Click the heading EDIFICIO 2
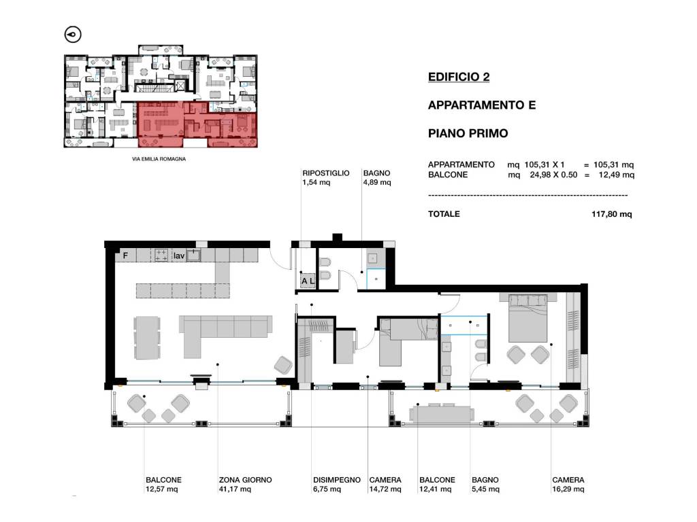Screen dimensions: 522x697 click(x=458, y=77)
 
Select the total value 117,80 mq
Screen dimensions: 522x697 click(x=613, y=214)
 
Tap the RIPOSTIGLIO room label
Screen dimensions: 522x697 click(x=325, y=173)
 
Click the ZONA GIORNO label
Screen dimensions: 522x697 click(x=245, y=480)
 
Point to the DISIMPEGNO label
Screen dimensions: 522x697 click(x=336, y=480)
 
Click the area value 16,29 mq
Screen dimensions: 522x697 click(x=568, y=489)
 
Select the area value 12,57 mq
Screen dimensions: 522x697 click(x=161, y=489)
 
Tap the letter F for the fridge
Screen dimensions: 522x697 click(x=125, y=256)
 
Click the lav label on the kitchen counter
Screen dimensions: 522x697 click(x=178, y=256)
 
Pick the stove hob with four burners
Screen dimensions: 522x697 click(x=161, y=255)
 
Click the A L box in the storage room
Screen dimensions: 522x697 click(x=307, y=280)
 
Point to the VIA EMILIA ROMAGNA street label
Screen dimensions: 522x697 click(x=159, y=158)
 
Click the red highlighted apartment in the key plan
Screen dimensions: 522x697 click(x=195, y=124)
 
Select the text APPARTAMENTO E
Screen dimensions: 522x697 click(x=481, y=105)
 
